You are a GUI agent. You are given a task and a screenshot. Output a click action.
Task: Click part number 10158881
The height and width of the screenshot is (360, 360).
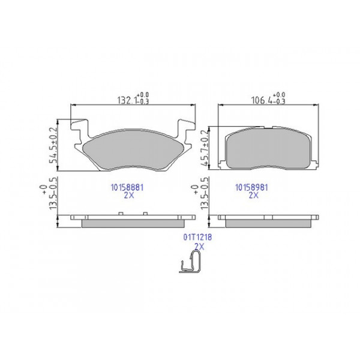pyautogui.click(x=126, y=187)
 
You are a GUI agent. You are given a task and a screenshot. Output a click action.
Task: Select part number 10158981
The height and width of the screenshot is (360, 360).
pyautogui.click(x=251, y=187)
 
